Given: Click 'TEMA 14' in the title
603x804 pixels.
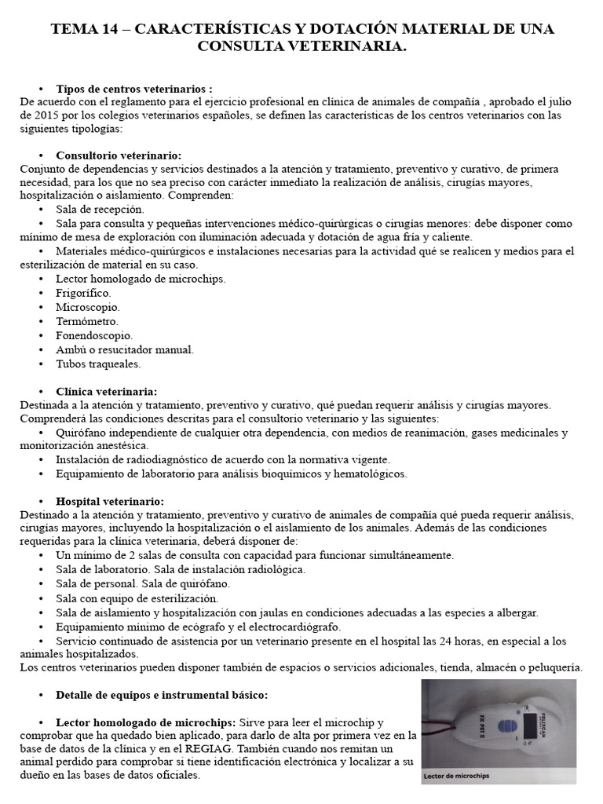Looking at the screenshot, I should (82, 29).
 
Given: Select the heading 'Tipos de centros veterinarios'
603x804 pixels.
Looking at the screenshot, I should (133, 89).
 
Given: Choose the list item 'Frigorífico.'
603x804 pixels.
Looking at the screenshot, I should (83, 292).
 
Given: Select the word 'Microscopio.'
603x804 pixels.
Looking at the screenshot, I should (87, 306).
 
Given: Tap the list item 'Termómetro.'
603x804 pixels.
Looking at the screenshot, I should (87, 321).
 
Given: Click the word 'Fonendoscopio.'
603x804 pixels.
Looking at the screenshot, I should (94, 335).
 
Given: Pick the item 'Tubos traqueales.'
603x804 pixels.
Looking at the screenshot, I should (98, 364).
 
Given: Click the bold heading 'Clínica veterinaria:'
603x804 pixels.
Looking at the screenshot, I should (106, 391).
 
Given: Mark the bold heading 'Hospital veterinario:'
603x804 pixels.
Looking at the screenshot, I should (110, 500).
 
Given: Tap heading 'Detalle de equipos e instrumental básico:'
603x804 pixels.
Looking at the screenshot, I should (162, 695).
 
